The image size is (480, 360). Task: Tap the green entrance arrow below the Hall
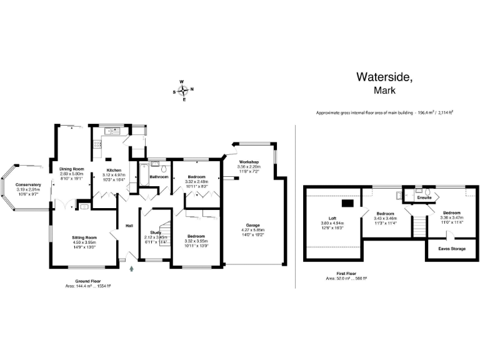pos(132,269)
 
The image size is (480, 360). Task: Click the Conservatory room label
pos(28,184)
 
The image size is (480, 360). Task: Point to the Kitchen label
pos(113,170)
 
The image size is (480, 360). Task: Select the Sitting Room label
pos(84,237)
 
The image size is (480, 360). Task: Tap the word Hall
pos(129,226)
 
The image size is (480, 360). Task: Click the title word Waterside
pos(384,77)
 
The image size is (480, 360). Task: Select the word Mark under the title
pos(384,91)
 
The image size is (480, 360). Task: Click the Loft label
pos(333,218)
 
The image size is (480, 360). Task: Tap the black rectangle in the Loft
pos(346,202)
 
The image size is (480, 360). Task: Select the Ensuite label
pos(424,197)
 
